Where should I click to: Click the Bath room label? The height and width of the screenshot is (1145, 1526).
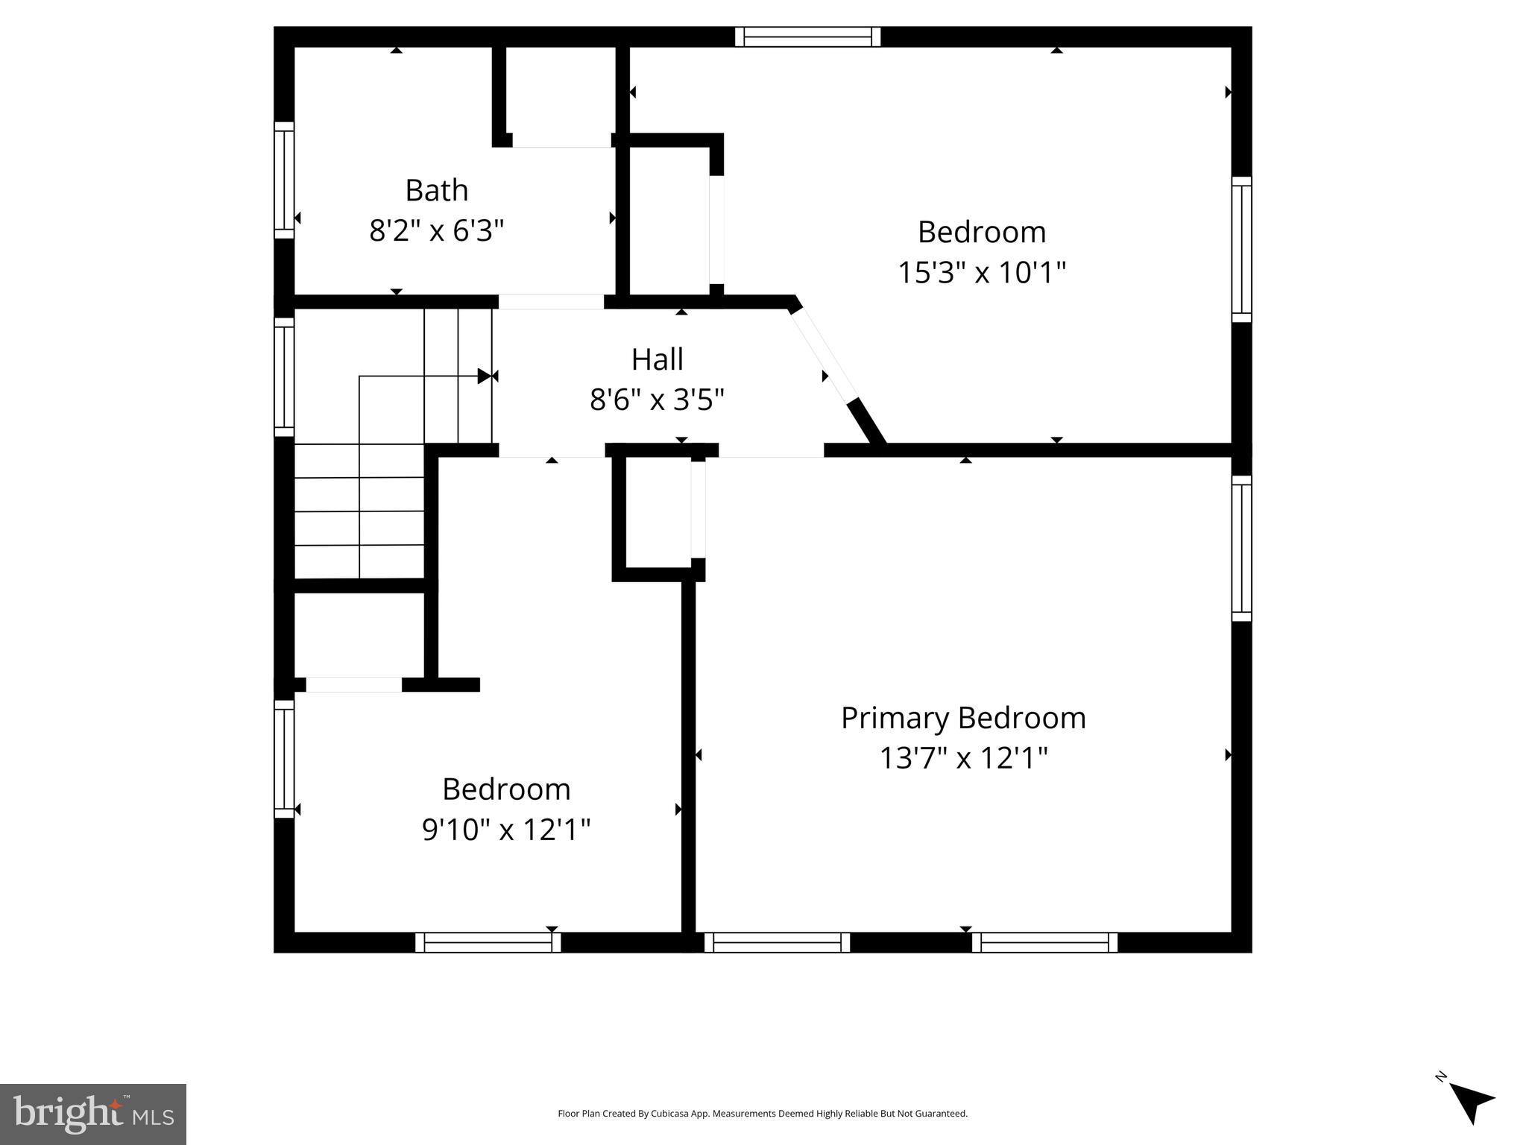[437, 191]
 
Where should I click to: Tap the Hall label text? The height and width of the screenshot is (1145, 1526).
[657, 360]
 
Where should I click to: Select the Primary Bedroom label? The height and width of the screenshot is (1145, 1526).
[963, 718]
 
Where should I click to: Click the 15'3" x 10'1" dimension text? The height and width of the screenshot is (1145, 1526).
[981, 273]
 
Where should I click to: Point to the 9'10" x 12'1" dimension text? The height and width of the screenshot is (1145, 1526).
[506, 830]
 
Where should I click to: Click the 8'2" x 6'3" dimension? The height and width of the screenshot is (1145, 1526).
[437, 231]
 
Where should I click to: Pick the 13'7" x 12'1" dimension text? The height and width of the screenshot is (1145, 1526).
[963, 759]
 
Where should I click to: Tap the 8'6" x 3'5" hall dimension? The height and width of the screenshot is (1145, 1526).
[657, 400]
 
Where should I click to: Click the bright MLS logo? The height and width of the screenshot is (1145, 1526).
[93, 1114]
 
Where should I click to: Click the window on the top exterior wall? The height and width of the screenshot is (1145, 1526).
[807, 37]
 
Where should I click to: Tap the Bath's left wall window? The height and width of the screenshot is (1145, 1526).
[284, 180]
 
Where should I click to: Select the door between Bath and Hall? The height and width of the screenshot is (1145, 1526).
[551, 302]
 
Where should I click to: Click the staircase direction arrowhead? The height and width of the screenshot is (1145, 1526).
[485, 376]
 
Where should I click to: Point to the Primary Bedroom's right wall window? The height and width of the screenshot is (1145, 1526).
[1241, 548]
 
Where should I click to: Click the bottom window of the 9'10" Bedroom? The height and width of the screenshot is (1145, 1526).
[488, 942]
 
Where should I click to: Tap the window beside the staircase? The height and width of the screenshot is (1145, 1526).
[284, 376]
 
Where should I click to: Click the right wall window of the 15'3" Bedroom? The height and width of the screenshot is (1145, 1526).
[1241, 250]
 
